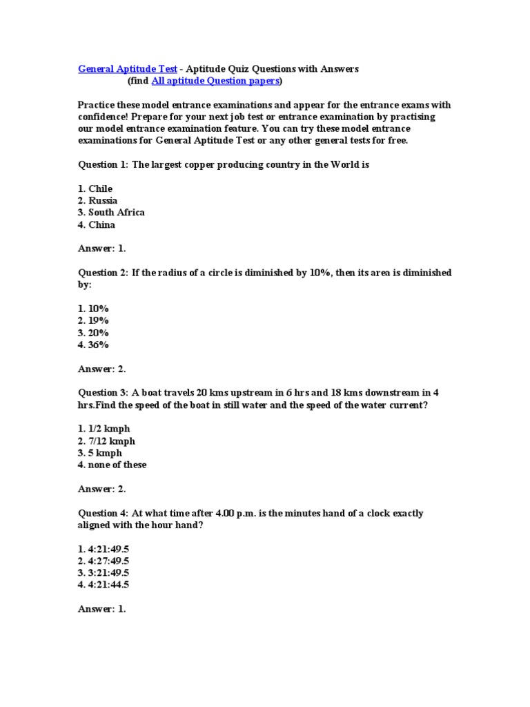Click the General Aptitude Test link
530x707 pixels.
tap(128, 69)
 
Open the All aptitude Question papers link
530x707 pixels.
tap(215, 81)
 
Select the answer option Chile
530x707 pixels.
tap(100, 189)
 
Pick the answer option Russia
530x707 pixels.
tap(103, 201)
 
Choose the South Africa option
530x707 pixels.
tap(116, 213)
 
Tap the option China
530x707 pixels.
tap(101, 225)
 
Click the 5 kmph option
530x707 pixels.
tap(105, 453)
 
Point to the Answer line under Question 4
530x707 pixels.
tap(101, 609)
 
